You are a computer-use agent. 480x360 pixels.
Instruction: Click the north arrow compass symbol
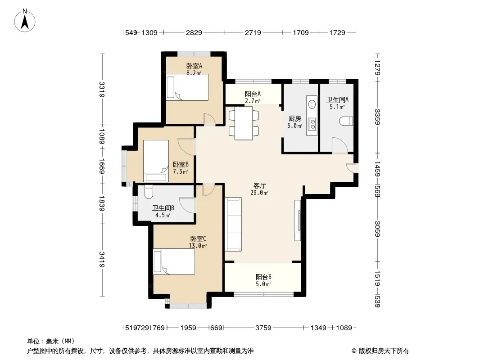[x=25, y=21]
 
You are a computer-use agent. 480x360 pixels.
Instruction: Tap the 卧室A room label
[x=194, y=66]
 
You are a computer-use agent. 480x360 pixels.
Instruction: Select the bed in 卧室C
[x=174, y=261]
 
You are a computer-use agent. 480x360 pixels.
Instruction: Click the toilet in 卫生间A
[x=346, y=121]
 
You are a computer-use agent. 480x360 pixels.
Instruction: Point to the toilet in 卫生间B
[x=149, y=191]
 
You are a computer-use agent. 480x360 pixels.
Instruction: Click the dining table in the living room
[x=244, y=123]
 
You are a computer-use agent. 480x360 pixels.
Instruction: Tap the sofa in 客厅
[x=233, y=224]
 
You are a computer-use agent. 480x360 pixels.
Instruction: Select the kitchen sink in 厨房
[x=312, y=104]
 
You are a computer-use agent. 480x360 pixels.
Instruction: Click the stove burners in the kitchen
[x=313, y=124]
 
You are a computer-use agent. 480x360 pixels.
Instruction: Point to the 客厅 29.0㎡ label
[x=259, y=189]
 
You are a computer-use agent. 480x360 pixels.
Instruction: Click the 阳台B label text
[x=263, y=277]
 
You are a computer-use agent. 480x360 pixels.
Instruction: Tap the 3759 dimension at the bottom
[x=263, y=328]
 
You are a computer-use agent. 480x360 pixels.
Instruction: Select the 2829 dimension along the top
[x=194, y=32]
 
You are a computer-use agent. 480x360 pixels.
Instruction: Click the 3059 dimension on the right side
[x=377, y=229]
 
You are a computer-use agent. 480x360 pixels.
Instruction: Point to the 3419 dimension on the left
[x=102, y=259]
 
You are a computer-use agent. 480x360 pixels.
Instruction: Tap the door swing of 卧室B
[x=186, y=147]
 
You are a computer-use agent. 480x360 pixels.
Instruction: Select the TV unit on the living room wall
[x=297, y=220]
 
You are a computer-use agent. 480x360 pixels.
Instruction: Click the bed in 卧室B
[x=156, y=161]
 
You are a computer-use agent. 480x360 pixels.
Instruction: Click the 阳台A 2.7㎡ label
[x=253, y=97]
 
